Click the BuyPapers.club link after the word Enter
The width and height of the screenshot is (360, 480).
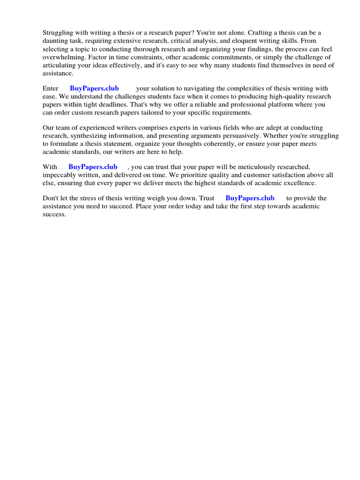[94, 89]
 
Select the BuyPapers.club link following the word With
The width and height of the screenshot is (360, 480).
[93, 167]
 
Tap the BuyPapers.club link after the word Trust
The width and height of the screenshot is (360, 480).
[250, 198]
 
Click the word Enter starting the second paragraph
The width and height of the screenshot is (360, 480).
[51, 89]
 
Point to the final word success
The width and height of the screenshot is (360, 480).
[54, 214]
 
